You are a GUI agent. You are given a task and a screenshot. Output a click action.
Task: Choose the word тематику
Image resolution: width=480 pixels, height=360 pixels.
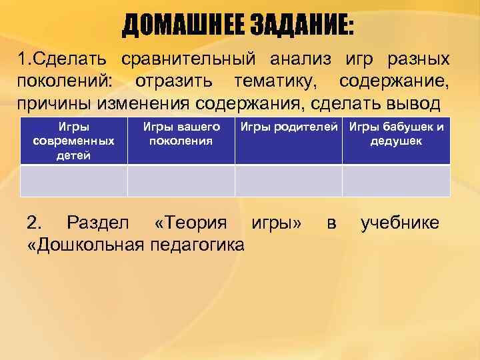(275, 82)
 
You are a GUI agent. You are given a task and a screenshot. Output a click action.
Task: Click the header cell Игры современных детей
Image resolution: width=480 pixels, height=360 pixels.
(73, 141)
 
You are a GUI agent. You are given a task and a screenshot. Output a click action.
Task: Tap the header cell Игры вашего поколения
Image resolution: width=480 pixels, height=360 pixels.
(181, 141)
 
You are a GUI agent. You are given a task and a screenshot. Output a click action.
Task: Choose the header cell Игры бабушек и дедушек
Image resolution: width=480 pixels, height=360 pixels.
(397, 141)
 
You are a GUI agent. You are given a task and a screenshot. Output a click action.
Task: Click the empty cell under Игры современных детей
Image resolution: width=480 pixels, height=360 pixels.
(73, 181)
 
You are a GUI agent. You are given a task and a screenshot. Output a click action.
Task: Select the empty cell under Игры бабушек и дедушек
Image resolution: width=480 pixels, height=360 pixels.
(397, 181)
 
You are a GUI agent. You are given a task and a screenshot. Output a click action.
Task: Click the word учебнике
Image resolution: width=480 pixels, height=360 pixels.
(400, 223)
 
